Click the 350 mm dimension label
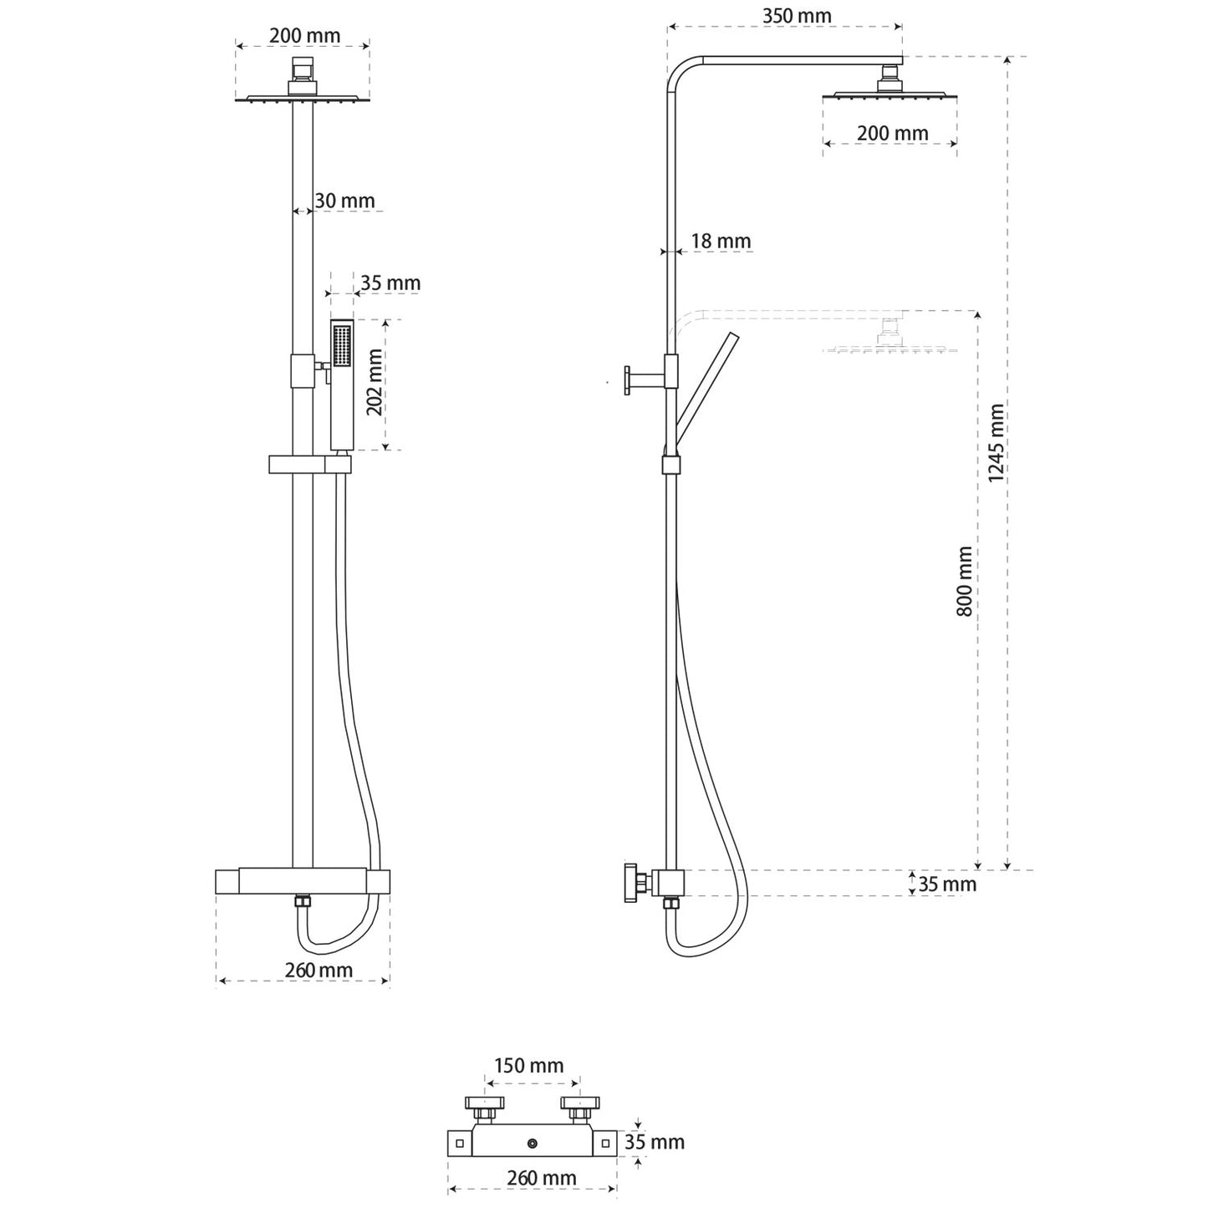(796, 16)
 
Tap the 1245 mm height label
(996, 442)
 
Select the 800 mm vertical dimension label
(965, 582)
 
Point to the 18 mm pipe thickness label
(720, 241)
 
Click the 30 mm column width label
(344, 201)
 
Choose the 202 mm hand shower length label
(374, 382)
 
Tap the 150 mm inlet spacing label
(528, 1066)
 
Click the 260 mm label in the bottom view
(541, 1178)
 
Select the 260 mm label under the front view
(319, 970)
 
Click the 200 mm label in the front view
(304, 36)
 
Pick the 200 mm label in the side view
(892, 133)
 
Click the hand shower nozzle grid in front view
(341, 345)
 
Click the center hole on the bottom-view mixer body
(532, 1142)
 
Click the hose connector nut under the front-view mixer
(302, 902)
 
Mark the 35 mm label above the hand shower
(390, 283)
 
